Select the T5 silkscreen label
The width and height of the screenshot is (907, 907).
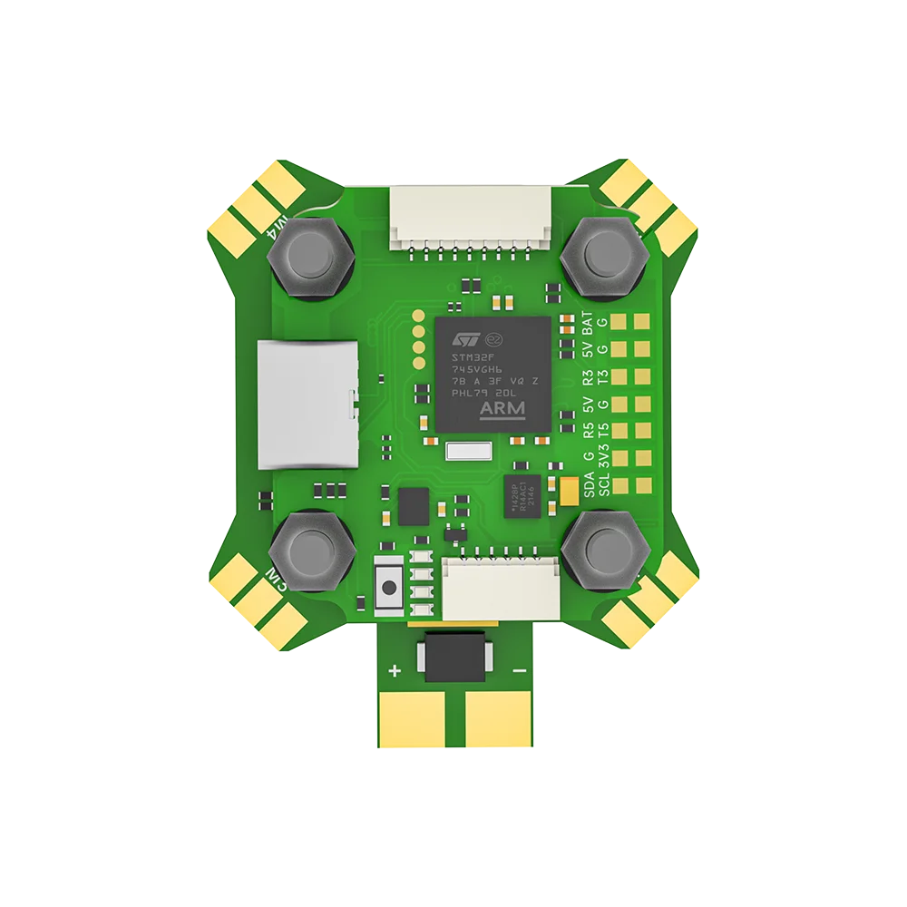click(x=603, y=432)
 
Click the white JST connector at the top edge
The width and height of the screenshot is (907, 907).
click(x=470, y=218)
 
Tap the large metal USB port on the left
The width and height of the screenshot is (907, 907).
click(x=306, y=405)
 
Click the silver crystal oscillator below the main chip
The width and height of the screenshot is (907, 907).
click(x=468, y=452)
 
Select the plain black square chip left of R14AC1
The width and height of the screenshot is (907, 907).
click(x=414, y=505)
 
